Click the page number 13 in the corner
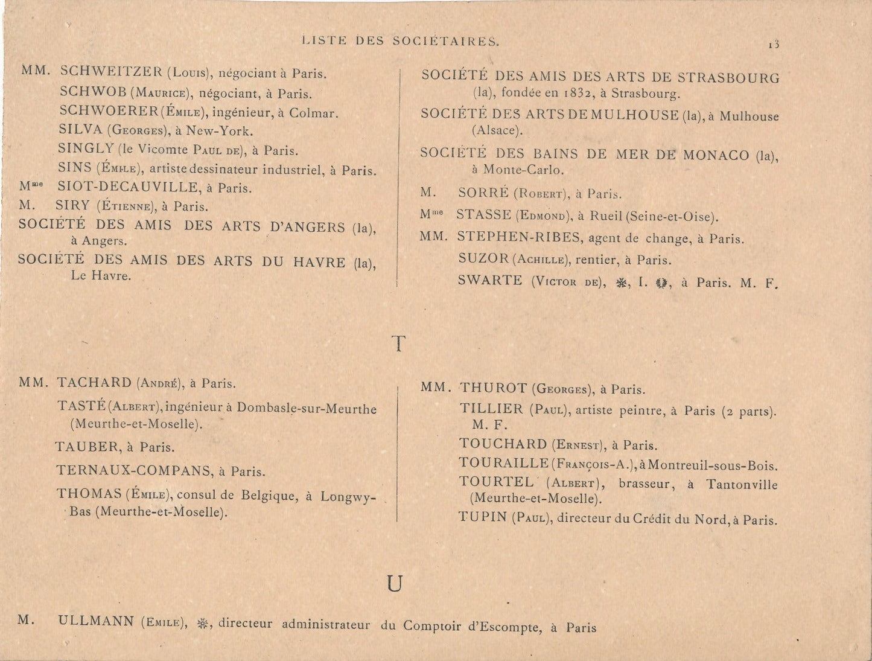774,44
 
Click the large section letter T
398,344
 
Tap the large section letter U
395,584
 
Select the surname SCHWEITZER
111,72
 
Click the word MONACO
718,155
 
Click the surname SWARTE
489,281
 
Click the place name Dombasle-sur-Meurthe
307,409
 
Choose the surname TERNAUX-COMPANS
135,471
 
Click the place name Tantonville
742,484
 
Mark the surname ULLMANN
96,621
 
